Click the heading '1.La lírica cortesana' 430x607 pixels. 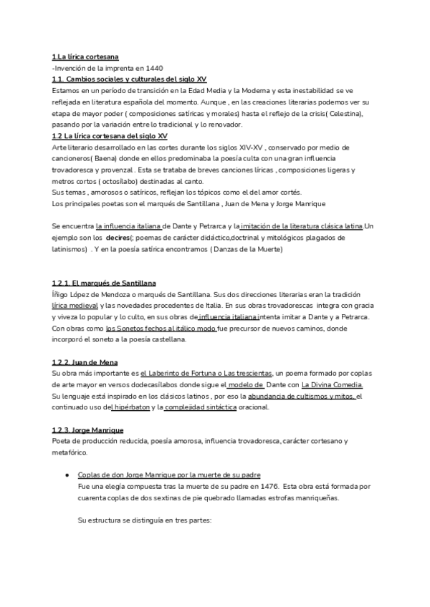pos(85,57)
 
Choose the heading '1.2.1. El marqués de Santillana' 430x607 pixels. pos(104,283)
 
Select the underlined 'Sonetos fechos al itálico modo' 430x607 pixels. pos(166,329)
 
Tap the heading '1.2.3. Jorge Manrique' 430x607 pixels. pos(88,430)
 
